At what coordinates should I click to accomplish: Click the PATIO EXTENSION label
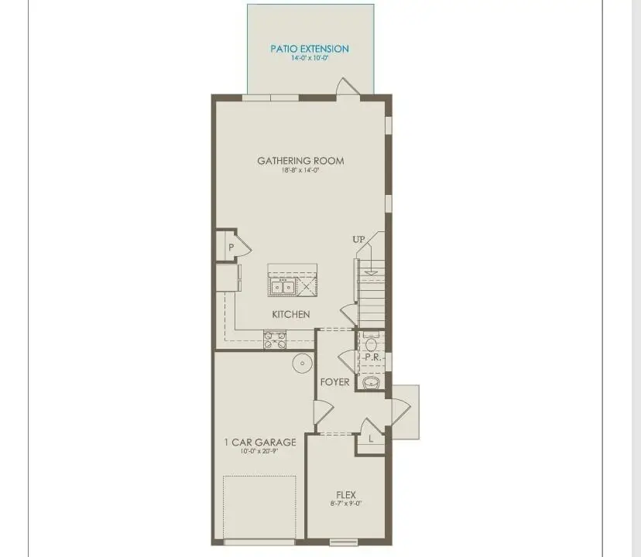point(310,49)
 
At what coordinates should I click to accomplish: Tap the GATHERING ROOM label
point(300,161)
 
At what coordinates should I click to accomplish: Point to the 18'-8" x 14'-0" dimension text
point(300,170)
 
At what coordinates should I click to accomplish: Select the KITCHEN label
point(291,314)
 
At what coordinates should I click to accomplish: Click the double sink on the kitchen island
point(281,287)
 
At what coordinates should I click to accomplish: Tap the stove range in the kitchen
point(275,339)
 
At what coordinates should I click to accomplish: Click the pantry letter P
point(231,248)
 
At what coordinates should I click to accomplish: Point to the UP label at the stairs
point(358,240)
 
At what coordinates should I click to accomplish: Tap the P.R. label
point(372,357)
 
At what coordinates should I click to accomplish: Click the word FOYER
point(335,382)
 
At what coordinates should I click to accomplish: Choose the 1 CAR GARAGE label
point(260,443)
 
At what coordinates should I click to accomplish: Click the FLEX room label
point(345,494)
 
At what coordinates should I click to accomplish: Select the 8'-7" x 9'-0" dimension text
point(345,504)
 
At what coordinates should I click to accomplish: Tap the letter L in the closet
point(371,439)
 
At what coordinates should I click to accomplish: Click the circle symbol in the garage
point(300,361)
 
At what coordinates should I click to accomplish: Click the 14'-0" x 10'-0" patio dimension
point(310,58)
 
